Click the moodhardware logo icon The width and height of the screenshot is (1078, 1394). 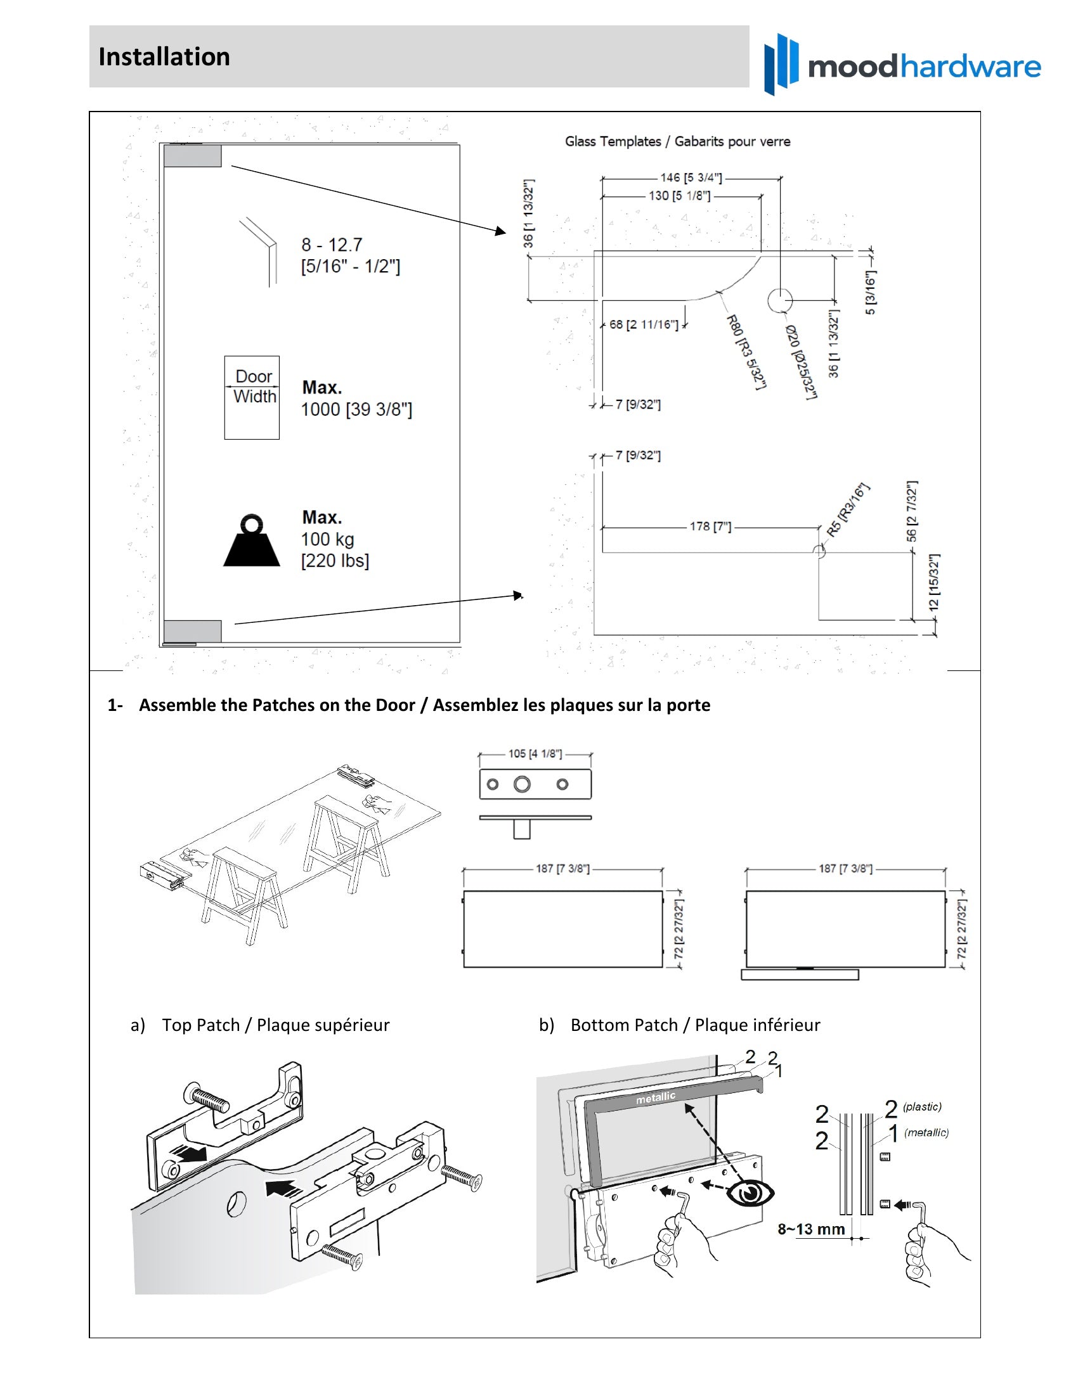click(781, 64)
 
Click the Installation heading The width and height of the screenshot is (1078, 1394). click(164, 57)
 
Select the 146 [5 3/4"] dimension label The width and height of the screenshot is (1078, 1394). click(691, 177)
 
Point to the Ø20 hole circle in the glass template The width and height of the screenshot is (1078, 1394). click(780, 300)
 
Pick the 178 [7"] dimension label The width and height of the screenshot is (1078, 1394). click(710, 527)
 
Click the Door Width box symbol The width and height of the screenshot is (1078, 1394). click(252, 397)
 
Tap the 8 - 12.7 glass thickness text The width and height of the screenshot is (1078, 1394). click(332, 245)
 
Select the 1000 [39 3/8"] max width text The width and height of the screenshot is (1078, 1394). click(356, 409)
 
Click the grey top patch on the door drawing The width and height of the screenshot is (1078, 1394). click(192, 156)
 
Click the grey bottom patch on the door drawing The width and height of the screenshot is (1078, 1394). click(192, 630)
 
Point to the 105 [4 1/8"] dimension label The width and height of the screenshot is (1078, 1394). click(535, 754)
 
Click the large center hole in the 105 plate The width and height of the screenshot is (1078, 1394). click(522, 784)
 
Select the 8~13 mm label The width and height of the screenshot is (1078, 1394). click(811, 1229)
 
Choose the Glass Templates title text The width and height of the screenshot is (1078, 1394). click(677, 141)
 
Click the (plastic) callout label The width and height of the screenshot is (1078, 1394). click(922, 1107)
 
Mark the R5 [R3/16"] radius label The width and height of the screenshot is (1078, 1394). click(848, 510)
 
